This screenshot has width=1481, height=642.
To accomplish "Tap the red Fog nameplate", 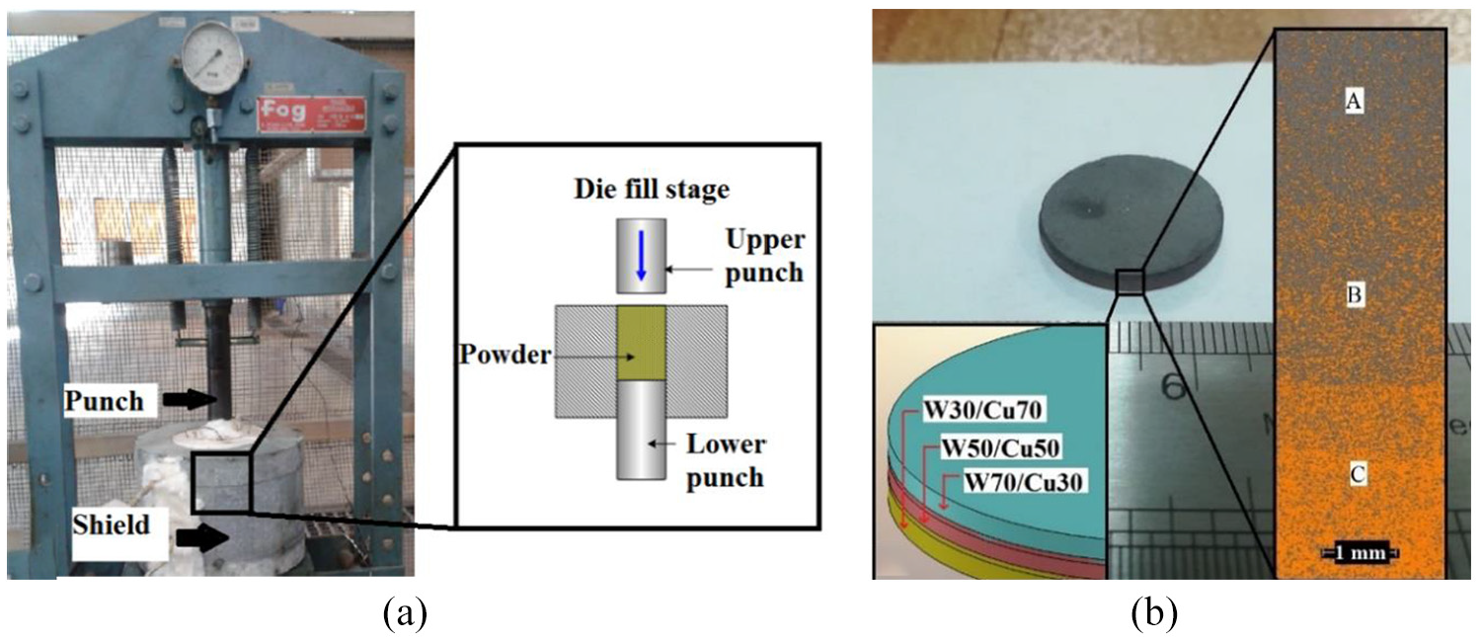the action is point(311,115).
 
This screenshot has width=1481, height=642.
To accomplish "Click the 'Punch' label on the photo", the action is point(104,401).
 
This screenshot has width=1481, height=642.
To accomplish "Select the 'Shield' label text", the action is point(111,525).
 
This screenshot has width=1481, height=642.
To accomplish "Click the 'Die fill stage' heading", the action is point(652,189).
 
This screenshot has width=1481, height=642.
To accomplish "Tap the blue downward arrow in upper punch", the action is point(641,255).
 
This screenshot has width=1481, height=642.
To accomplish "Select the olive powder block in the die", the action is point(642,343).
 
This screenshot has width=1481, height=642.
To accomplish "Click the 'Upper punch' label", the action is point(765,257).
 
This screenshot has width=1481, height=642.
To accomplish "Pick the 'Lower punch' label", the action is point(726,461).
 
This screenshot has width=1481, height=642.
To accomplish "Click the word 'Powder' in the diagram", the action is point(506,355).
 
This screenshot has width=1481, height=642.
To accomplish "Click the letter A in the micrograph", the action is point(1354,101).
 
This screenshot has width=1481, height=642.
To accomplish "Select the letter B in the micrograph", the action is point(1354,294).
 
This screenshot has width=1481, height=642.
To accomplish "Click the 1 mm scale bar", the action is point(1360,552).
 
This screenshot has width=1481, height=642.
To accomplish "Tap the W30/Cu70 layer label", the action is point(982,411).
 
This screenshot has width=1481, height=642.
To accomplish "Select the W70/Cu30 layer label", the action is point(1024,482).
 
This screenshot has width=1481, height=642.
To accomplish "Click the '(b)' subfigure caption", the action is point(1154,614).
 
